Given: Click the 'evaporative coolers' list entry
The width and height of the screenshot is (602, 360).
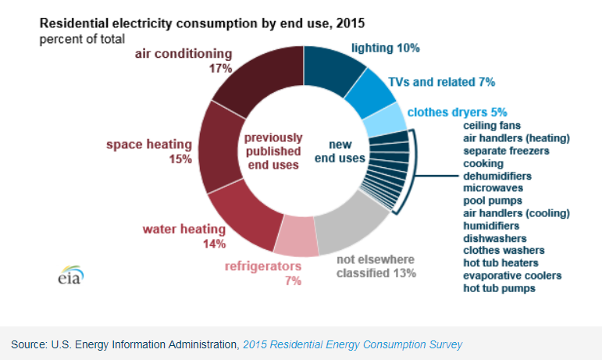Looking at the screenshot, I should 512,276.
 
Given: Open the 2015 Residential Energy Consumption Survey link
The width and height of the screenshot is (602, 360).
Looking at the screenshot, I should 353,344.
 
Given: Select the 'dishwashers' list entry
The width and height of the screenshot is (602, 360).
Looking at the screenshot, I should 494,238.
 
